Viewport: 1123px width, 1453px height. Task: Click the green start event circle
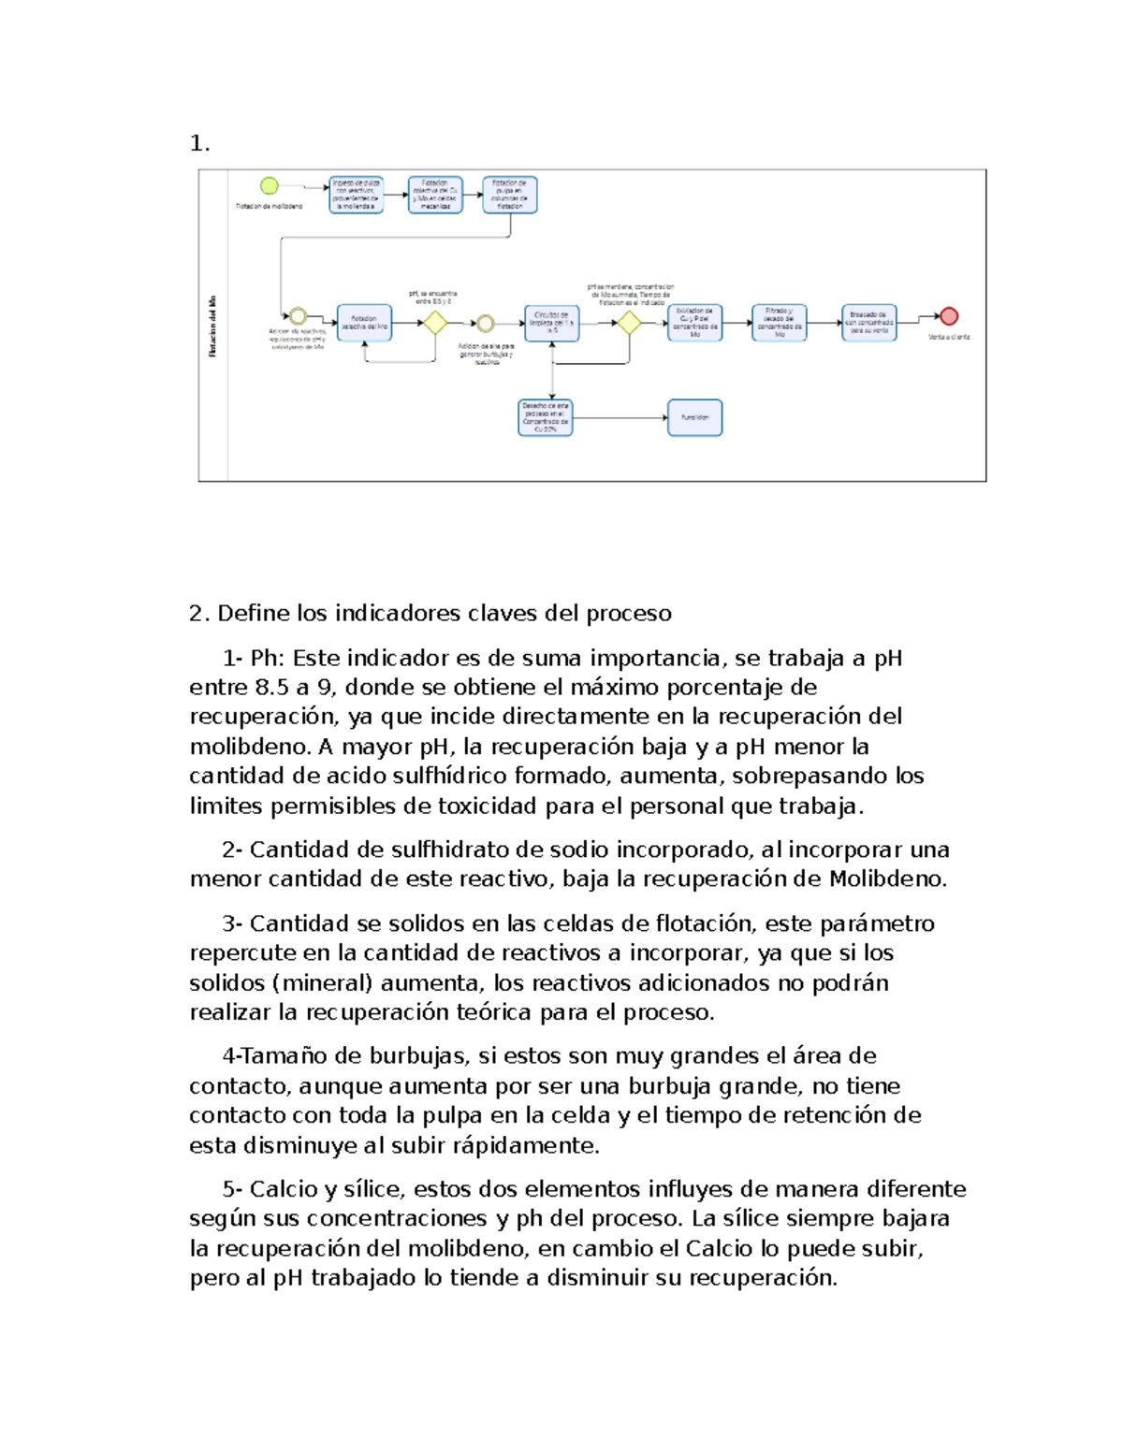(270, 186)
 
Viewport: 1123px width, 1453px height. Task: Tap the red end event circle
(949, 316)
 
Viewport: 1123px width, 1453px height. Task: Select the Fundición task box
(694, 418)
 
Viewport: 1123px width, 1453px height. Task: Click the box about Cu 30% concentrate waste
(546, 418)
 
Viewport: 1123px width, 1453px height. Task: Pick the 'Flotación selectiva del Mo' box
(364, 323)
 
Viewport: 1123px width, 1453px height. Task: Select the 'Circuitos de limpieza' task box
(551, 323)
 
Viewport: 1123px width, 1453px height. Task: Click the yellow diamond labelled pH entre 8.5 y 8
(434, 323)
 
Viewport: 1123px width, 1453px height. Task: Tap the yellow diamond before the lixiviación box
(629, 323)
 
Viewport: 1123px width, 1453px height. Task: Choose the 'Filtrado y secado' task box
(779, 323)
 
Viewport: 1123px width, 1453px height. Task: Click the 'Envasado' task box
(868, 323)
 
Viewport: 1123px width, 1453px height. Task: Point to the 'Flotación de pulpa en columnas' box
(510, 195)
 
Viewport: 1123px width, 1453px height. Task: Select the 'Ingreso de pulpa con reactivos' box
(356, 195)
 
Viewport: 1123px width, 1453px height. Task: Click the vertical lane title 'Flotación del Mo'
(213, 327)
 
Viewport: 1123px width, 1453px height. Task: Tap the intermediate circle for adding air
(485, 324)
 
